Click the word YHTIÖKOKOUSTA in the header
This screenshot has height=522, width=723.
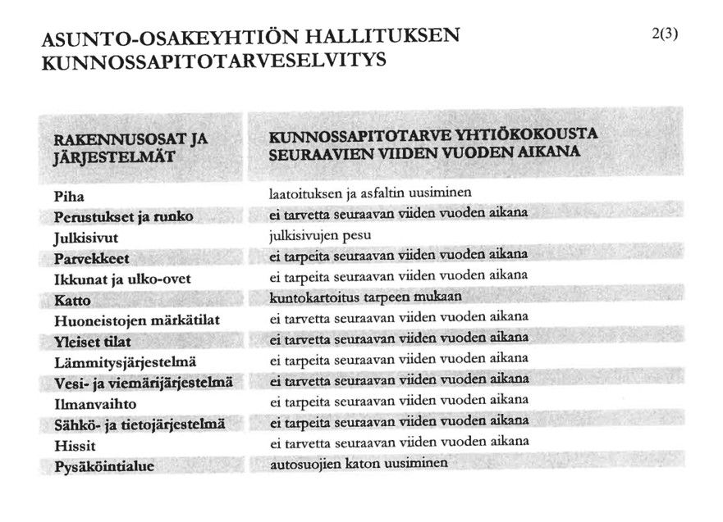pyautogui.click(x=529, y=134)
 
